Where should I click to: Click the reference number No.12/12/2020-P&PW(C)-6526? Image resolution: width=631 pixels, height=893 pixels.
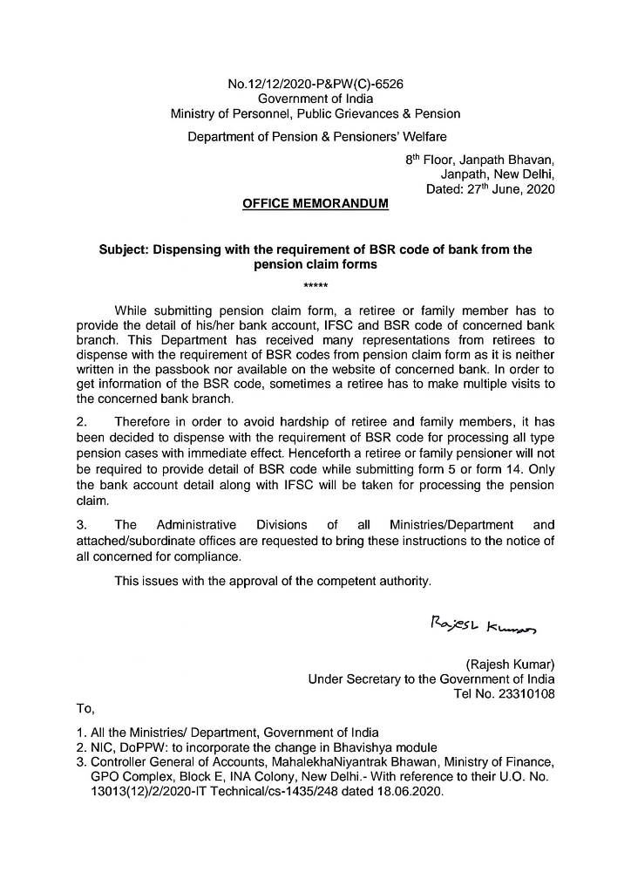pos(315,85)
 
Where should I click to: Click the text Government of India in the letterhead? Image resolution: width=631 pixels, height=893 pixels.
pos(315,99)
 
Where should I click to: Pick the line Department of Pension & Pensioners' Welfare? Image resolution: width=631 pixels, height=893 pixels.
pos(315,137)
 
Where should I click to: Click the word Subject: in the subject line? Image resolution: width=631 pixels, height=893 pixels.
pos(125,249)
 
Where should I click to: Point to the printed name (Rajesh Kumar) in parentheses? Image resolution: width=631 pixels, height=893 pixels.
pos(511,664)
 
